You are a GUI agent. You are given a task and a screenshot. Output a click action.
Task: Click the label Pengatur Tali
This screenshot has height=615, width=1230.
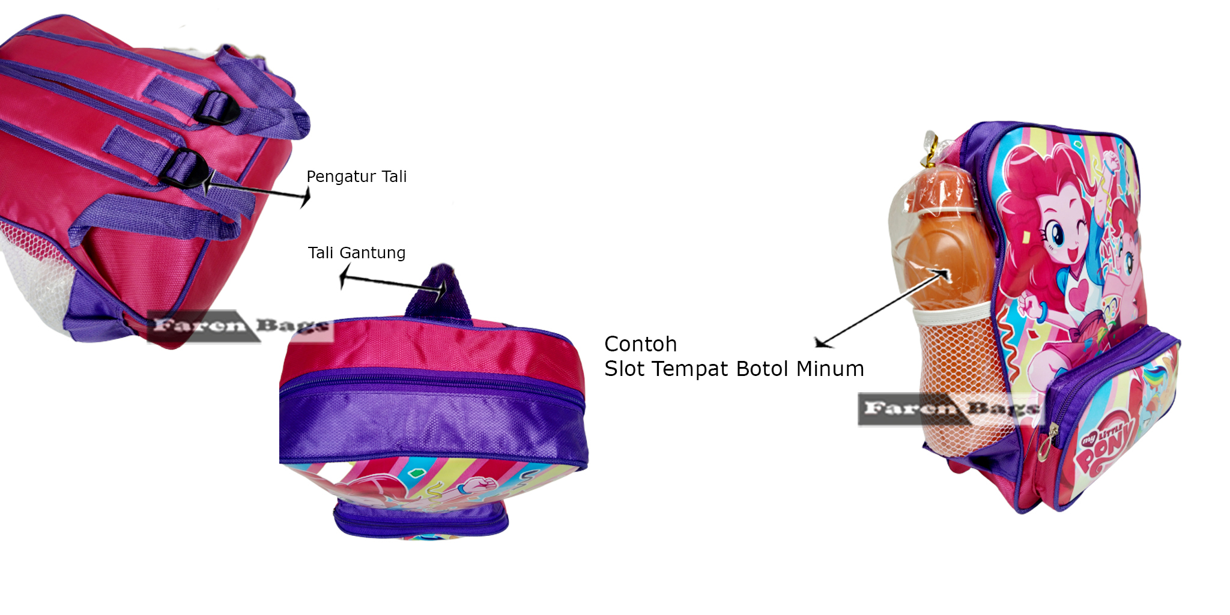[356, 177]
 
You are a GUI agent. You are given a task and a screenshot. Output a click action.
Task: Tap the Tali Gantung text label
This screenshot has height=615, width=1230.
[356, 253]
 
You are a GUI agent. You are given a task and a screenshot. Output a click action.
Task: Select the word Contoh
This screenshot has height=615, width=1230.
[640, 344]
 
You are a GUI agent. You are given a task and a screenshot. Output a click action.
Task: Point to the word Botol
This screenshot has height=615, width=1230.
[762, 369]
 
